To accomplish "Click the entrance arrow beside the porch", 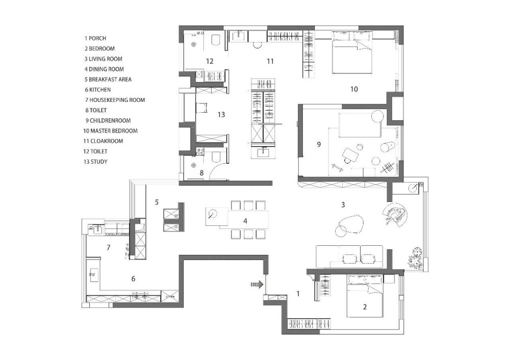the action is click(257, 285).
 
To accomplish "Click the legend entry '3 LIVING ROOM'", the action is click(104, 59).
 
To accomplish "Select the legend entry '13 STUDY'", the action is click(95, 162).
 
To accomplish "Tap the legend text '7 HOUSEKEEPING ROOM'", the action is click(115, 100).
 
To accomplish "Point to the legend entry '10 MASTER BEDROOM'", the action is click(110, 131).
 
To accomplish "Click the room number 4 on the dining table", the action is click(245, 221).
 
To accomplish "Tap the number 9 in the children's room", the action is click(319, 144).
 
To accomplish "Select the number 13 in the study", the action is click(221, 114).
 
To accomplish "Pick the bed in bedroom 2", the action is click(365, 296).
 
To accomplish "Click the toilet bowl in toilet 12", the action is click(216, 40).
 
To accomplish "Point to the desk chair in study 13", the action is click(201, 107).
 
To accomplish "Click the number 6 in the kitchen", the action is click(133, 279).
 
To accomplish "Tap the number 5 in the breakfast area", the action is click(157, 202).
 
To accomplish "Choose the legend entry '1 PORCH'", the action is click(95, 38).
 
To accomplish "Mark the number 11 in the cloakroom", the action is click(270, 61).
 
